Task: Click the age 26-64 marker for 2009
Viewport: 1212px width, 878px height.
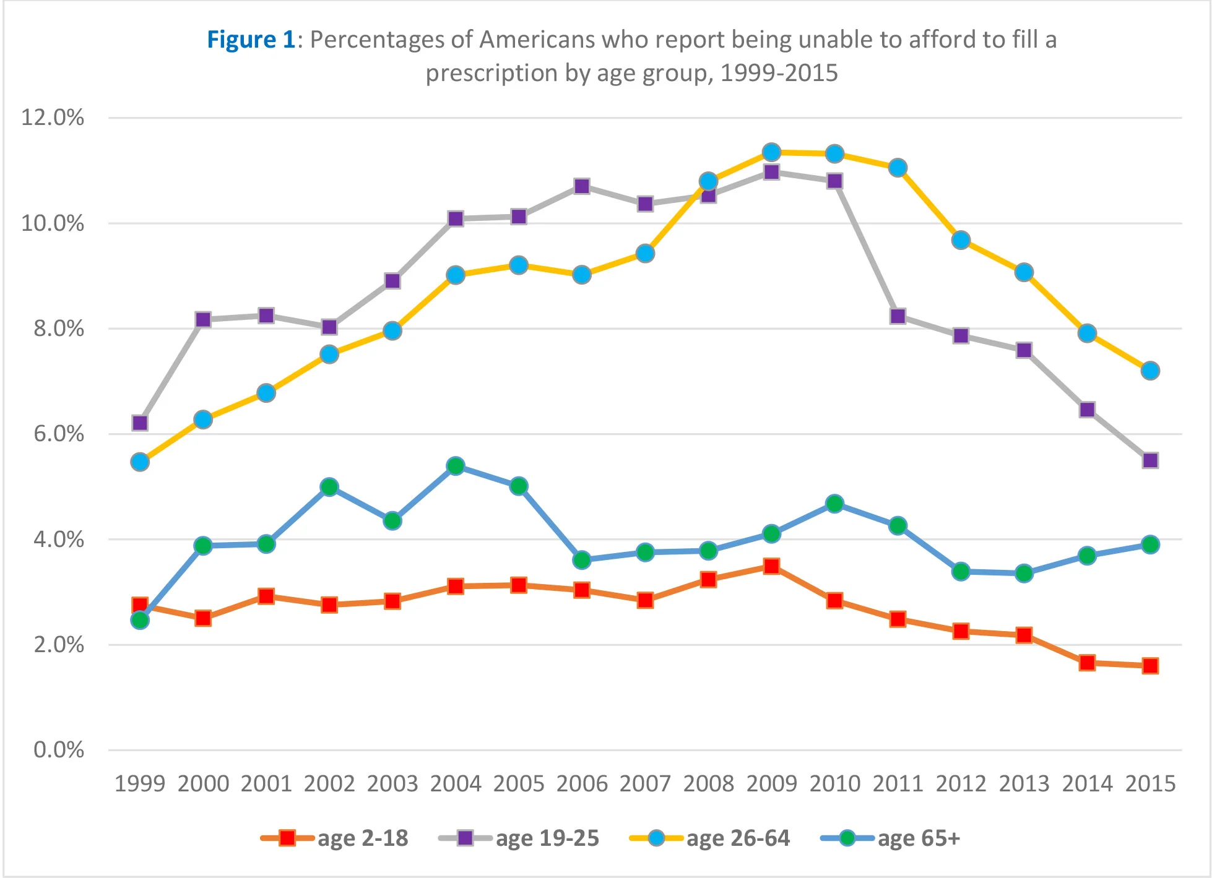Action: (x=771, y=152)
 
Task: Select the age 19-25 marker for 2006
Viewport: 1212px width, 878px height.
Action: (x=582, y=186)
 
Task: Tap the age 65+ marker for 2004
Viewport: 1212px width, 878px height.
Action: (x=456, y=466)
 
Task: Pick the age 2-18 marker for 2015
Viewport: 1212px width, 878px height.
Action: (x=1150, y=666)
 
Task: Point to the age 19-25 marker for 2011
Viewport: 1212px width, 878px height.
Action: (x=898, y=316)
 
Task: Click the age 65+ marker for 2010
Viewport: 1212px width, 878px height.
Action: (x=834, y=504)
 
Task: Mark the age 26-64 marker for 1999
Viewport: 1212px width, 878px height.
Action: (x=140, y=462)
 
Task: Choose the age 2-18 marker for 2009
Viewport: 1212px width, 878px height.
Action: (x=771, y=566)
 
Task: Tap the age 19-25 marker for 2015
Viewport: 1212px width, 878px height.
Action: (x=1150, y=460)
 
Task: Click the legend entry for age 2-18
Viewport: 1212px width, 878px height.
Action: (x=335, y=838)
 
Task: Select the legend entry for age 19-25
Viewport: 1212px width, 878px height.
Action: (x=519, y=838)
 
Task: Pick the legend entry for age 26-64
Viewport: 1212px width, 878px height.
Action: (x=709, y=838)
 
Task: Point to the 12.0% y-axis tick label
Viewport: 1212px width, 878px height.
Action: (x=53, y=118)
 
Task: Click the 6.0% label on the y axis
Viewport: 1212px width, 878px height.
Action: (x=59, y=434)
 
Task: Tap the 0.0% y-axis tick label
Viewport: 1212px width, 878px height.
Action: (x=59, y=750)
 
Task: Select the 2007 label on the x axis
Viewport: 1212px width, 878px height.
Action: (x=645, y=784)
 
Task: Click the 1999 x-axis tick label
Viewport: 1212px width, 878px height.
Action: (x=140, y=784)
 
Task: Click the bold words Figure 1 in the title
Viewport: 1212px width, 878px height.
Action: (x=251, y=40)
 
